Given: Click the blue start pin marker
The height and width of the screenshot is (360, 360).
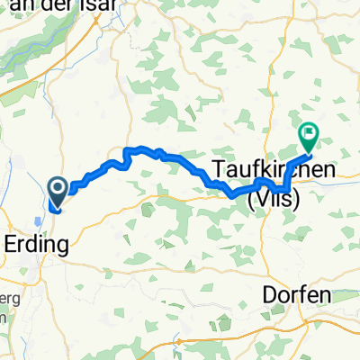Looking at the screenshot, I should coord(57,189).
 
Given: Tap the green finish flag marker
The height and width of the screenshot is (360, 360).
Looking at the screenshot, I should coord(308,137).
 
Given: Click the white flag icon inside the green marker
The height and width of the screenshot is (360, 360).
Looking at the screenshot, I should coord(308,135).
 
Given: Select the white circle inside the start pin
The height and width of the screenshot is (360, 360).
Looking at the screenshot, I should coord(57,186).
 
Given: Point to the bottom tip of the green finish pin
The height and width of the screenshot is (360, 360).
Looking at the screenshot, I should coord(308,151).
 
